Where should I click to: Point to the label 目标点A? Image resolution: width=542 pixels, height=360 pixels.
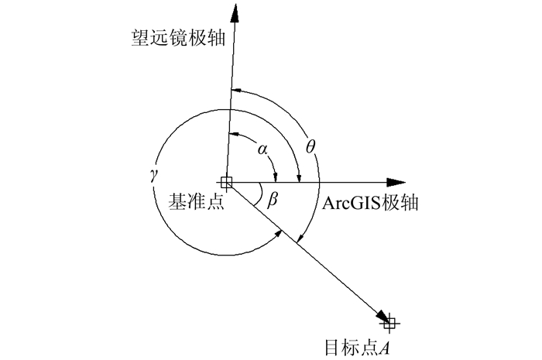pyautogui.click(x=357, y=345)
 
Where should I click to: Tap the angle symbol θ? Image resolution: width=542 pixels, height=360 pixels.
pyautogui.click(x=310, y=146)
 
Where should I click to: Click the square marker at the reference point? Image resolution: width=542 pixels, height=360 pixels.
pyautogui.click(x=226, y=183)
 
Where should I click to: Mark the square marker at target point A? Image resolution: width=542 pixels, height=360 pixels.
pyautogui.click(x=389, y=322)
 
